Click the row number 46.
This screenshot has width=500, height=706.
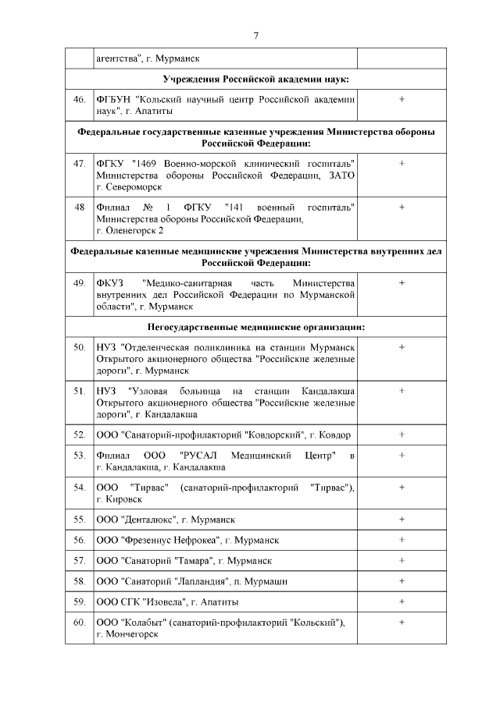coord(79,100)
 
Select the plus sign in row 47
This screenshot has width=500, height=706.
coord(402,163)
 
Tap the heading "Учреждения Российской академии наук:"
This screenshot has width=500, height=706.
coord(255,80)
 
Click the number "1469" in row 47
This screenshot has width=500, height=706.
coord(148,164)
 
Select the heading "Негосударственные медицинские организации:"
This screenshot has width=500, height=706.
coord(255,327)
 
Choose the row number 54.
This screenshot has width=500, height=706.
coord(79,487)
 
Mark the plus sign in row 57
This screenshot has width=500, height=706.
coord(402,560)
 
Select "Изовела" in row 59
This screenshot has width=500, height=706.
coord(165,602)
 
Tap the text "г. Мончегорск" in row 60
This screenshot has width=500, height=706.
coord(127,634)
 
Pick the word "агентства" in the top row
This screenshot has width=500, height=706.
coord(118,59)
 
